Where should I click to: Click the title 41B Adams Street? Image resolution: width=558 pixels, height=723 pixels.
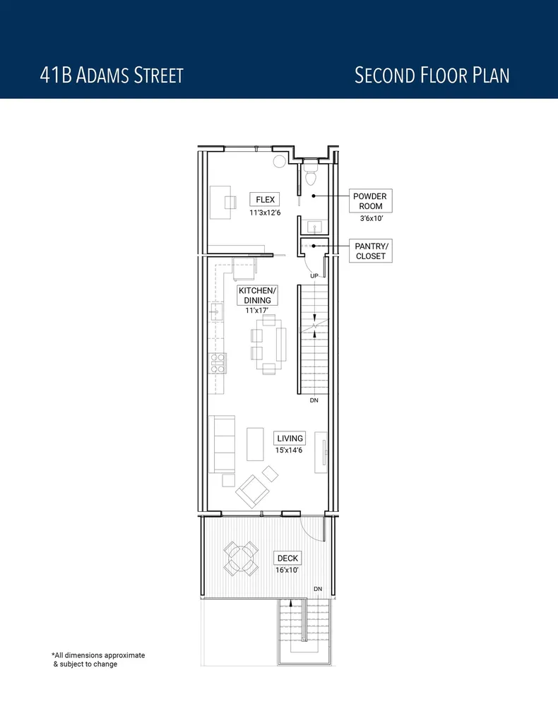click(112, 75)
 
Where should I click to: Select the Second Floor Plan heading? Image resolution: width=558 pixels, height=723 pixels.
click(432, 75)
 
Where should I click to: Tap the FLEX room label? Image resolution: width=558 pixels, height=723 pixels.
click(265, 200)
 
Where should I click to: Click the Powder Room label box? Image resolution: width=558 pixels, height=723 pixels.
click(370, 201)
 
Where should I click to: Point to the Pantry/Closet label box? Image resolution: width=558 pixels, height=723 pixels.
click(371, 251)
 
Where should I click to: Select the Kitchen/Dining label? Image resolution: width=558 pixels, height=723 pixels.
click(258, 295)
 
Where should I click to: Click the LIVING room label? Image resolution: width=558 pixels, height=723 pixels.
click(290, 438)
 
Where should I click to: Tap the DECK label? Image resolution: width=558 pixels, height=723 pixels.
click(287, 558)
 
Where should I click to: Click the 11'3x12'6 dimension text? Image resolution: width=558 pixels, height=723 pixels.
click(265, 213)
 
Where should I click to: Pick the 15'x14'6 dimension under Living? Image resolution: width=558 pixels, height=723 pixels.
click(290, 450)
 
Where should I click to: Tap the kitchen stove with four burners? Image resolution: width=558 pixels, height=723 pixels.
click(218, 363)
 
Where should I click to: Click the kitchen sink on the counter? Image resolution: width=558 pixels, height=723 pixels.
click(215, 310)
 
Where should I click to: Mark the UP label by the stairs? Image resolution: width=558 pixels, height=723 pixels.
click(314, 275)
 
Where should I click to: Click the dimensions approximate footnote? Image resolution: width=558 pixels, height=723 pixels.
click(98, 659)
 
